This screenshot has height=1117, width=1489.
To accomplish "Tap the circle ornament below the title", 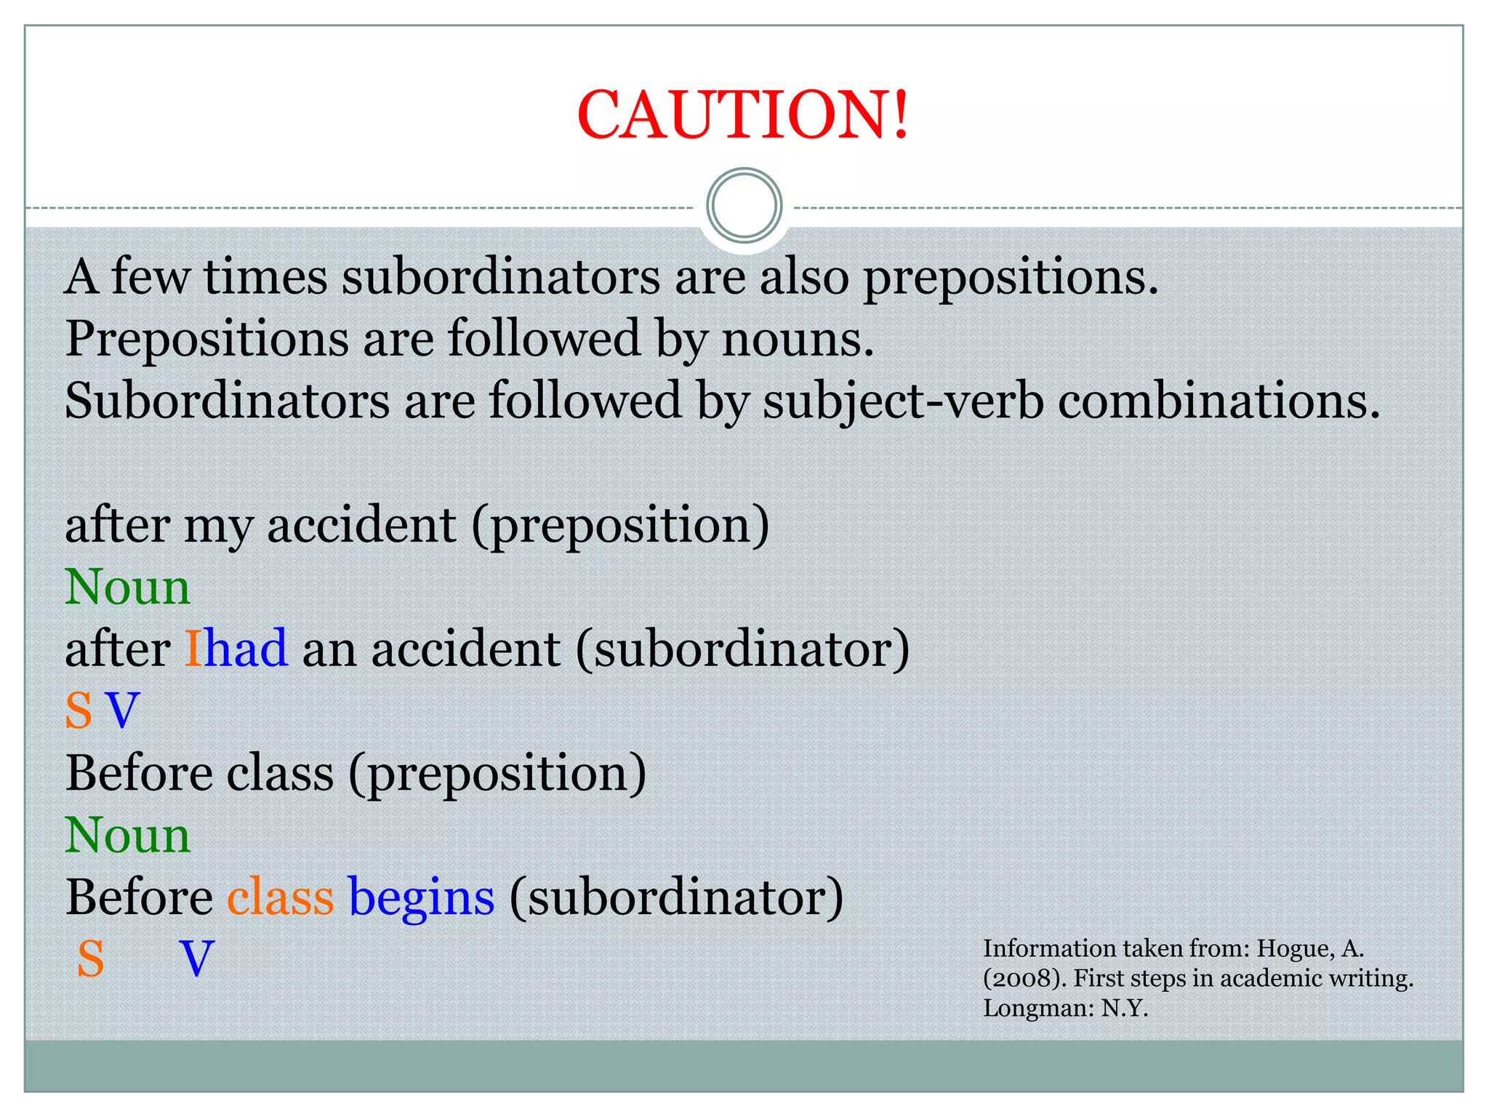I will [x=744, y=206].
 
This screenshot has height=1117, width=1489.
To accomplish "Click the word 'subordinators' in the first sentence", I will [x=501, y=277].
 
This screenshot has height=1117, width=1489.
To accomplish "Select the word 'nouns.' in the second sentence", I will [x=798, y=339].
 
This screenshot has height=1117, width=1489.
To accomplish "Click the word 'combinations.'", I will [x=1219, y=401].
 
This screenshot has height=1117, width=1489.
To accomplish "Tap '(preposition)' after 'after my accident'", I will [x=620, y=525].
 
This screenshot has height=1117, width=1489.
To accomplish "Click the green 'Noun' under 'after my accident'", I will [x=128, y=587].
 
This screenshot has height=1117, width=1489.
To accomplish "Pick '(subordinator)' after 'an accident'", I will [x=742, y=649].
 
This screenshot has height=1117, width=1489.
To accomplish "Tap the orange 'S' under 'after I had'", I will [x=79, y=710].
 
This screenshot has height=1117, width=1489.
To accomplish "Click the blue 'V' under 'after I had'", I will [x=122, y=710].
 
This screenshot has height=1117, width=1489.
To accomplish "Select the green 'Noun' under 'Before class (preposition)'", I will [x=128, y=835].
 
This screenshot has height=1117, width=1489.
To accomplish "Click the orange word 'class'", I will [x=280, y=897].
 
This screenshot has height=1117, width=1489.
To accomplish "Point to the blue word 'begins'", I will [x=422, y=898].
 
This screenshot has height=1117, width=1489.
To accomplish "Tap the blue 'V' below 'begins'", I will [x=197, y=958].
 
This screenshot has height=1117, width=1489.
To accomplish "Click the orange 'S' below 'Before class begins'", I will [x=91, y=958].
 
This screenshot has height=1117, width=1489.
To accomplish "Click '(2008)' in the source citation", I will [x=1024, y=979].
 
